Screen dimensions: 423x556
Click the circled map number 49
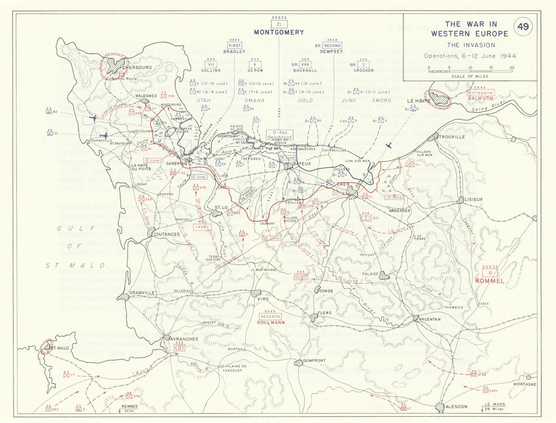coord(523,27)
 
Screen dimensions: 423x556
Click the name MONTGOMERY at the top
coord(279,32)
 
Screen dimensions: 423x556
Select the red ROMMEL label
coord(490,281)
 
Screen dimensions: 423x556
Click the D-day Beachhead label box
coord(280,135)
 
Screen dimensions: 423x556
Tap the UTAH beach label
coord(204,100)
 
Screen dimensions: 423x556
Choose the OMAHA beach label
coord(254,100)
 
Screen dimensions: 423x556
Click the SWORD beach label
coord(382,100)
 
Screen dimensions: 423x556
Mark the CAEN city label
coord(343,184)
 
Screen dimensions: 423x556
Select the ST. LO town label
coord(221,208)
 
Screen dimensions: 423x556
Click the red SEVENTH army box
coord(270,317)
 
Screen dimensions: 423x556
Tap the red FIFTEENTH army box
coord(481,93)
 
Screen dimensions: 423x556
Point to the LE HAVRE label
coord(419,101)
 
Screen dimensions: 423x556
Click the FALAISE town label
coord(370,274)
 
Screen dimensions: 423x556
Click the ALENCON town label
coord(456,406)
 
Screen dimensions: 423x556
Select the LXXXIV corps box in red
coord(203,227)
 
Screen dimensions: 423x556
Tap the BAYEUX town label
coord(302,164)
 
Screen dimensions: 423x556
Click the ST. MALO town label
coord(60,348)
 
